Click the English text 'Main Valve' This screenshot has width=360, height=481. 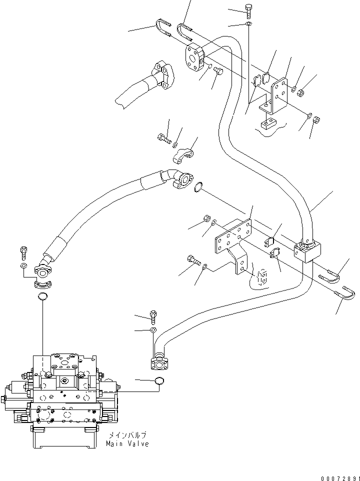(127, 444)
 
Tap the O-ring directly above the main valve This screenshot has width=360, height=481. (43, 298)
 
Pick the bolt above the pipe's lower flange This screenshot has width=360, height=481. (153, 315)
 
